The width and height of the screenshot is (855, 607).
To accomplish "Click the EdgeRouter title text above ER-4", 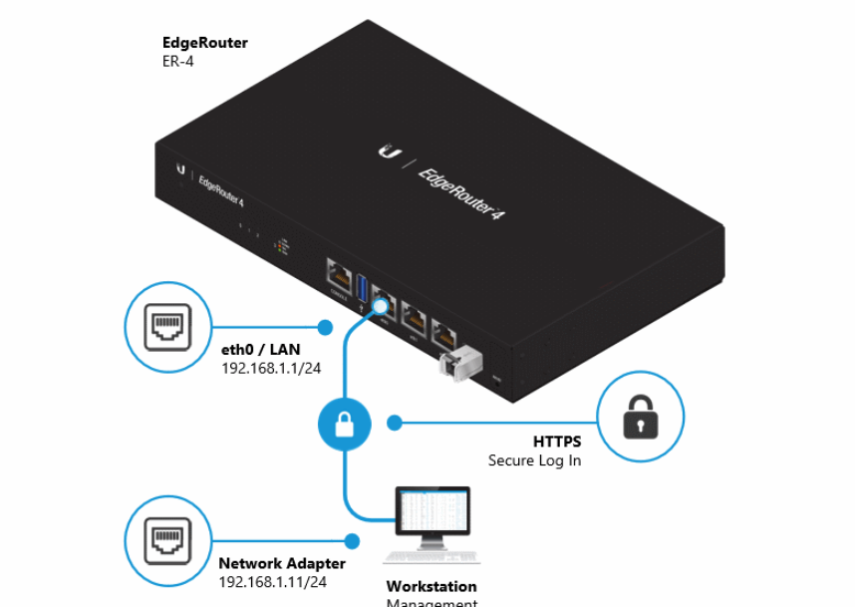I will [205, 43].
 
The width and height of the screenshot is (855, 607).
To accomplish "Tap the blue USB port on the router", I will [362, 283].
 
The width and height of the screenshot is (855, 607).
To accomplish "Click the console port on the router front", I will [337, 273].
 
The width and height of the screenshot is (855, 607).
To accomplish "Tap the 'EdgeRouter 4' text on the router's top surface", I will [458, 193].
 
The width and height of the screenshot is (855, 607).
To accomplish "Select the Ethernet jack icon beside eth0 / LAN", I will [166, 327].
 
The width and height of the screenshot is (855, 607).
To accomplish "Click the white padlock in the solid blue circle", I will [344, 426].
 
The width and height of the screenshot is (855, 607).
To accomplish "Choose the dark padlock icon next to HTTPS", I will [641, 419].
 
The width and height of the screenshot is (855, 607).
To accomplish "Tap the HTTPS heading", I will [557, 442].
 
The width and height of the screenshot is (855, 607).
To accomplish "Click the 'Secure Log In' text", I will [534, 460].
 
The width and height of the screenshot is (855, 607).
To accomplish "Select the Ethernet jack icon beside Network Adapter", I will [166, 541].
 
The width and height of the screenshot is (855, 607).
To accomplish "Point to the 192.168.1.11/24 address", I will [272, 582].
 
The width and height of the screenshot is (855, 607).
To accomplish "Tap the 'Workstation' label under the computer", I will [431, 586].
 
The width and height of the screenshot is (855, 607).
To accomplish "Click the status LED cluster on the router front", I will [282, 244].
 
